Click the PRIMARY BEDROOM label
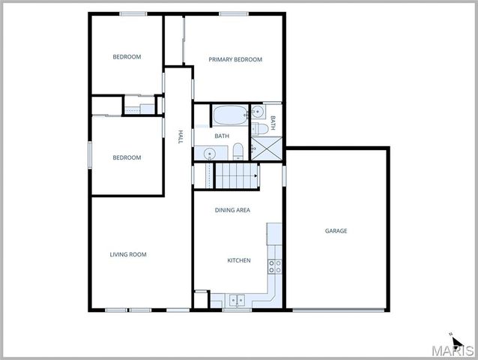[x=235, y=59]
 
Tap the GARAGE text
[x=336, y=231]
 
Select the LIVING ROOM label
[x=128, y=254]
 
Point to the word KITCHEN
[x=239, y=260]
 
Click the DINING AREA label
[x=232, y=210]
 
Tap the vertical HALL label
[x=180, y=136]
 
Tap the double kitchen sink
[x=236, y=301]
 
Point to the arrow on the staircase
[x=255, y=175]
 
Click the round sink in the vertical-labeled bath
[x=258, y=112]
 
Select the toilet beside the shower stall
[x=258, y=129]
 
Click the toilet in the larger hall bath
[x=238, y=152]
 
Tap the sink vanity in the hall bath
[x=209, y=153]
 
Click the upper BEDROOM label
[x=127, y=56]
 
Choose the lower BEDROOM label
[x=127, y=157]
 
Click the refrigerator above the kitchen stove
[x=274, y=233]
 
